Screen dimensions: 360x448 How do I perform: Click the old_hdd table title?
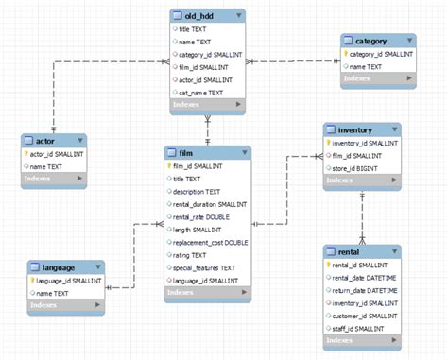pos(196,16)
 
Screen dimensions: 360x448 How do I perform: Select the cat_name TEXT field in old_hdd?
pos(201,93)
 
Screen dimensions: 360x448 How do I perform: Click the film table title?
pos(187,152)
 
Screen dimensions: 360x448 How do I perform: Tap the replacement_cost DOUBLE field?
pos(210,242)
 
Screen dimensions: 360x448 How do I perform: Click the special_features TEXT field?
pos(203,267)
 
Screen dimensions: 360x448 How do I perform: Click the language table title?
pos(59,267)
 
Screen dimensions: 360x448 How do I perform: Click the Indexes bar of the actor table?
pos(54,177)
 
